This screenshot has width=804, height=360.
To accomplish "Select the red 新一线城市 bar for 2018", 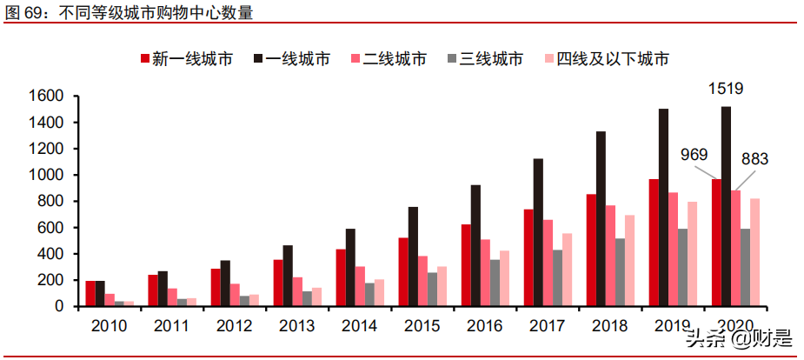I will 591,250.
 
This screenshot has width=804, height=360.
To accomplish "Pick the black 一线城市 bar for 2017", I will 538,232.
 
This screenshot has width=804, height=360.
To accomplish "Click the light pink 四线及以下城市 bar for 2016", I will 504,278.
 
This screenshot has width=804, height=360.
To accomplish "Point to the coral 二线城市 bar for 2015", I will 423,281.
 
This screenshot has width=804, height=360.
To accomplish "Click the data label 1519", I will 726,89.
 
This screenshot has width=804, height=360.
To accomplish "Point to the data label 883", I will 754,159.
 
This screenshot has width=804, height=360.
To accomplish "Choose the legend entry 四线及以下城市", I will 605,59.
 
